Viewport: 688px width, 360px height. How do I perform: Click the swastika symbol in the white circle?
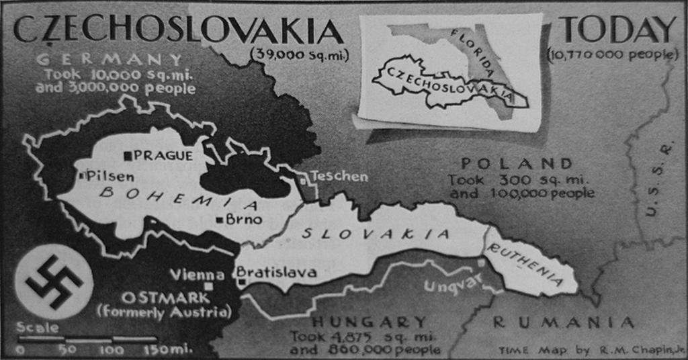pyautogui.click(x=53, y=281)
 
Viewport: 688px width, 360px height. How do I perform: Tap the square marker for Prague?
pyautogui.click(x=127, y=156)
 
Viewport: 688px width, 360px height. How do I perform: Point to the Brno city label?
pyautogui.click(x=239, y=219)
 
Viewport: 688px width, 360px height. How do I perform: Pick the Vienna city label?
pyautogui.click(x=197, y=274)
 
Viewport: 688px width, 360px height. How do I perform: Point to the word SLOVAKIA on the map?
pyautogui.click(x=375, y=234)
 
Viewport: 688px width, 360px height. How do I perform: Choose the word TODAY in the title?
pyautogui.click(x=618, y=30)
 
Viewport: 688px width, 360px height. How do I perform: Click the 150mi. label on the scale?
pyautogui.click(x=169, y=349)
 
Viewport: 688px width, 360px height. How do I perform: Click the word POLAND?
pyautogui.click(x=517, y=163)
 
